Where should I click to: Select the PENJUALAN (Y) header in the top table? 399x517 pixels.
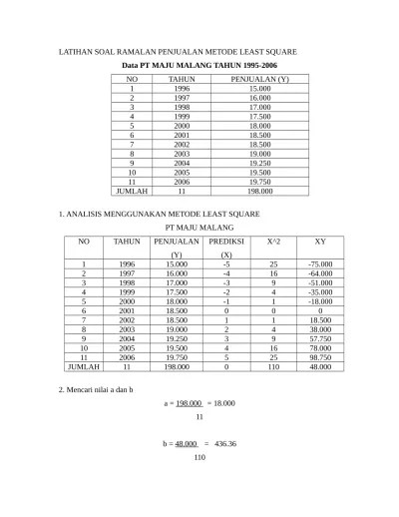tap(259, 79)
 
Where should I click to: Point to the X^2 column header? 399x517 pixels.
tap(273, 242)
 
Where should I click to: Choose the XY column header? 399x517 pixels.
tap(319, 242)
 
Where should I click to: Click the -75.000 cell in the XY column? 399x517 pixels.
tap(319, 263)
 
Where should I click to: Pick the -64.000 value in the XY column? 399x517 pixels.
tap(319, 272)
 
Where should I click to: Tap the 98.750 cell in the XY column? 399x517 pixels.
tap(319, 356)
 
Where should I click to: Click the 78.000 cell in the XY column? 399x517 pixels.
tap(319, 347)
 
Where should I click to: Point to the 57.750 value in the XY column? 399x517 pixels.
tap(319, 338)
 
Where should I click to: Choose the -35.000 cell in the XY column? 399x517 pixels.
tap(319, 291)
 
